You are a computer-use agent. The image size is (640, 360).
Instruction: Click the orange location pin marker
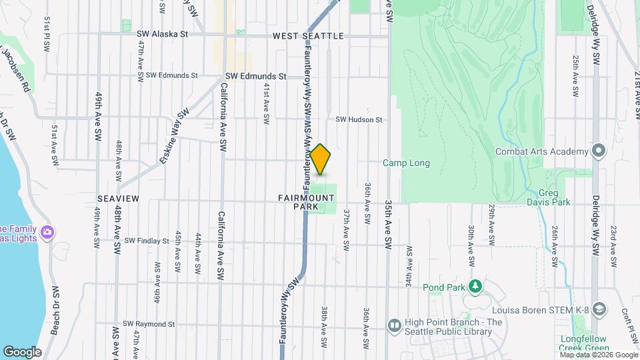[321, 159]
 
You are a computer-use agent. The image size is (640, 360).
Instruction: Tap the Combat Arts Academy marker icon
[599, 151]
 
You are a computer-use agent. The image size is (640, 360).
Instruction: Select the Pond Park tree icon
[475, 287]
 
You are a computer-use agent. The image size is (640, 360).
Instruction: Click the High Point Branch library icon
[394, 325]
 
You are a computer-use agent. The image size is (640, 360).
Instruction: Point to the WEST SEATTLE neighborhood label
[308, 35]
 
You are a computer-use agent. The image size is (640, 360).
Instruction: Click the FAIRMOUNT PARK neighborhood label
[307, 202]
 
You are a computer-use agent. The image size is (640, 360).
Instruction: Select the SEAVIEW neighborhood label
[118, 199]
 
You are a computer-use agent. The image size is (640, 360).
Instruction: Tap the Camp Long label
[406, 163]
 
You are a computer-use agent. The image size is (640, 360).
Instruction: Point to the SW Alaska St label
[163, 33]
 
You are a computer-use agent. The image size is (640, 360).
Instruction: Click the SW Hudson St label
[359, 120]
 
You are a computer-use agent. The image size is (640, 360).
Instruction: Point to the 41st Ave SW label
[266, 104]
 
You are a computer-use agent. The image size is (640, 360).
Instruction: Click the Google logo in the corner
[22, 352]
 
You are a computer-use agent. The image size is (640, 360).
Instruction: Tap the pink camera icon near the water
[47, 233]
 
